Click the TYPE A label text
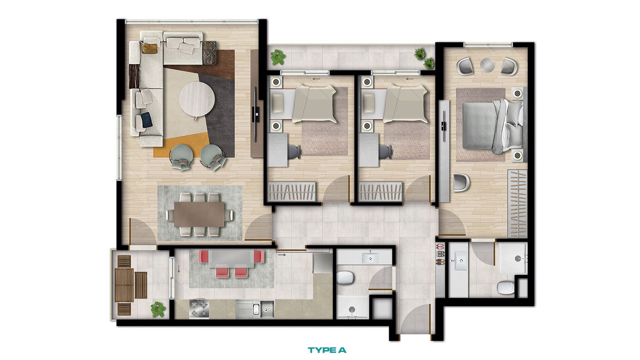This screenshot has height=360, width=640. pyautogui.click(x=327, y=350)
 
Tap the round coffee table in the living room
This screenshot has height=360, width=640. pyautogui.click(x=197, y=99)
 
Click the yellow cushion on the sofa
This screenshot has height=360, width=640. pyautogui.click(x=150, y=48)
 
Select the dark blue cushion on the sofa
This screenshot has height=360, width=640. pyautogui.click(x=147, y=120)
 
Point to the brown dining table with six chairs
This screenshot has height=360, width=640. pyautogui.click(x=199, y=214)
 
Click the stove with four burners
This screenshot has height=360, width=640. pyautogui.click(x=199, y=309)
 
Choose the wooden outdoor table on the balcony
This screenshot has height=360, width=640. pyautogui.click(x=124, y=285)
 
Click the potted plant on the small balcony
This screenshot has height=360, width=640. pyautogui.click(x=158, y=309)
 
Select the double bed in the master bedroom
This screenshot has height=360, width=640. pyautogui.click(x=493, y=125)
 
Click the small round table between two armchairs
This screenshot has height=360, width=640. pyautogui.click(x=487, y=65)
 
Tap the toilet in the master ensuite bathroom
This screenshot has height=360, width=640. pyautogui.click(x=506, y=287)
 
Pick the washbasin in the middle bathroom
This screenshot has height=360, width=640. pyautogui.click(x=370, y=258)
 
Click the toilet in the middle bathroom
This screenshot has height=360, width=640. pyautogui.click(x=346, y=278)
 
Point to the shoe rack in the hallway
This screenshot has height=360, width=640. pyautogui.click(x=440, y=254)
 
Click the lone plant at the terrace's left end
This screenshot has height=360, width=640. pyautogui.click(x=278, y=57)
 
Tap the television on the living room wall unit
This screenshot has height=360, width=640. pyautogui.click(x=256, y=115)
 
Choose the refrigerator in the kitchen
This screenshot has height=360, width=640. pyautogui.click(x=323, y=263)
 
